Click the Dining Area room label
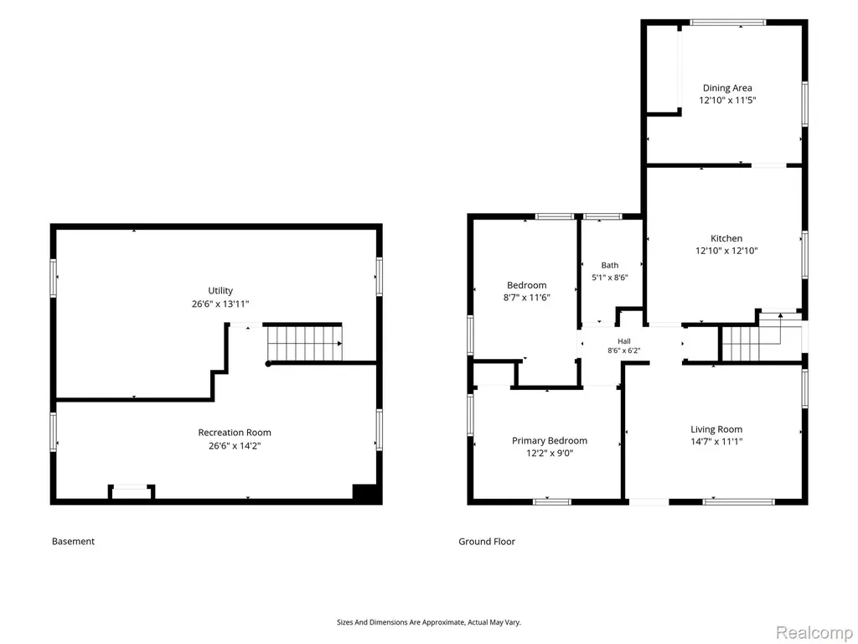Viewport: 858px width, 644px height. (727, 87)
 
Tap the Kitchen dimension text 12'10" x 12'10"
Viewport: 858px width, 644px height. (726, 251)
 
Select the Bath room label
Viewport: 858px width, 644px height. (610, 265)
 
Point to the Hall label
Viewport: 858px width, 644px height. (623, 341)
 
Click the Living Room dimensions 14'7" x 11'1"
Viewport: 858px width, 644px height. (716, 441)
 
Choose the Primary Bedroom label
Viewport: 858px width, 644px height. (550, 440)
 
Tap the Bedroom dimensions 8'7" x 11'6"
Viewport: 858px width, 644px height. (526, 298)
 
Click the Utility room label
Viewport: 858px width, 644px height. (220, 291)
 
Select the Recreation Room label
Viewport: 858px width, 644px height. (235, 433)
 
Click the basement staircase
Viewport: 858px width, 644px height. (304, 343)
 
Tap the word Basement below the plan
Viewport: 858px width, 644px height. (74, 541)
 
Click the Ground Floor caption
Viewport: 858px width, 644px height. (487, 541)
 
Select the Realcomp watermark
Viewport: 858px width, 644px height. (814, 632)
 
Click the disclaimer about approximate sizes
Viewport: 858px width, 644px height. (428, 622)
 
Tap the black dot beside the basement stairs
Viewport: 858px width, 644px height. (268, 364)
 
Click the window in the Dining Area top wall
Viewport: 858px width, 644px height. (728, 23)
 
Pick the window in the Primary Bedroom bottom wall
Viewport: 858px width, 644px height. (551, 501)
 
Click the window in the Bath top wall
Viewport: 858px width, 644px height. (602, 217)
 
